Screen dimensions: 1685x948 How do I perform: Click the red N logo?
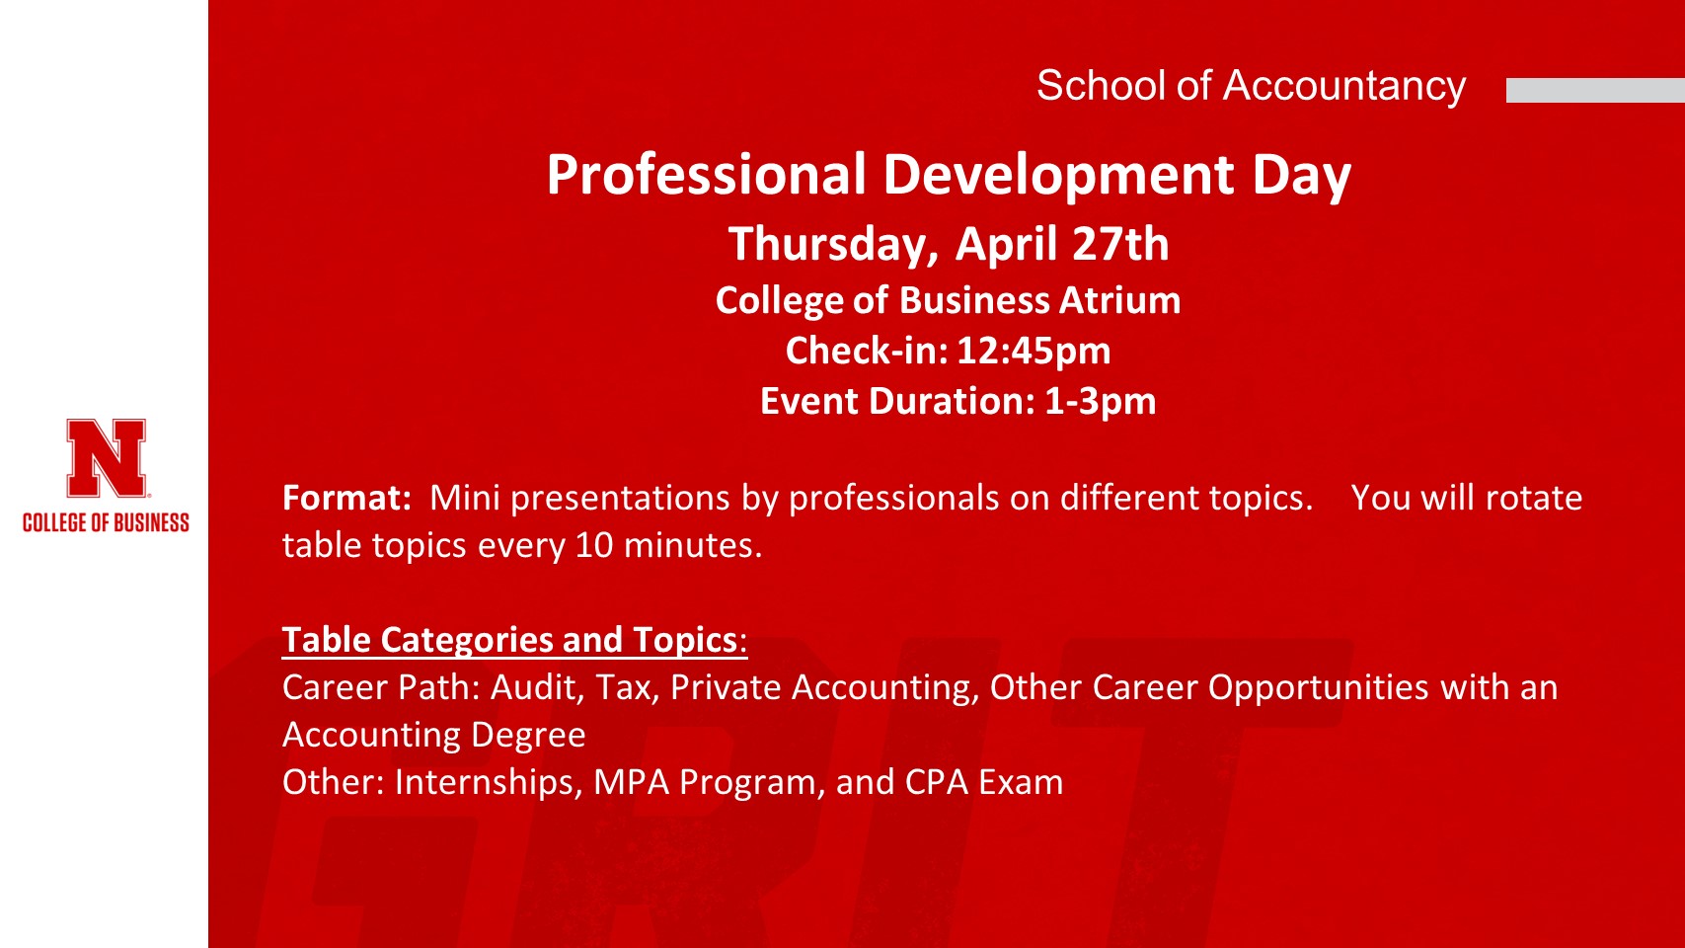pos(106,458)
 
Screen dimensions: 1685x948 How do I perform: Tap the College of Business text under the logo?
pos(106,523)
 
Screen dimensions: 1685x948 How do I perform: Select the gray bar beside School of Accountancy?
pos(1595,90)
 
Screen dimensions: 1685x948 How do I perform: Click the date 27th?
pos(1120,244)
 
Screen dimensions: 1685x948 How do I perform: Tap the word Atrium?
pos(1120,300)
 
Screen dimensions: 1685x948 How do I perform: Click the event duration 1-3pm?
pos(1100,401)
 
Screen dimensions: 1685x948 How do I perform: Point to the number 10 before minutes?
pos(594,545)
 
